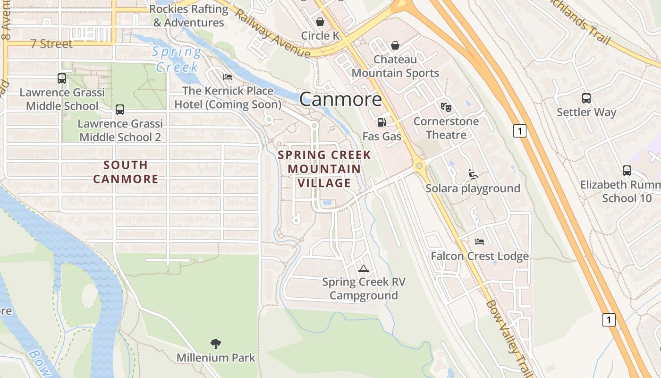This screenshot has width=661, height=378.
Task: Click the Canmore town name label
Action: (x=340, y=99)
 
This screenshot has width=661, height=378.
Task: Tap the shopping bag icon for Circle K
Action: (x=320, y=22)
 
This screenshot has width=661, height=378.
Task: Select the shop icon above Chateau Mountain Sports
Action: (x=395, y=45)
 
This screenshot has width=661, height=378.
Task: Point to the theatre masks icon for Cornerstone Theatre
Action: (x=446, y=107)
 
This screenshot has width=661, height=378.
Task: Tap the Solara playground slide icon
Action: (x=473, y=174)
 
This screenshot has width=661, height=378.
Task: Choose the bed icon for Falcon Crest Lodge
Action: (x=480, y=242)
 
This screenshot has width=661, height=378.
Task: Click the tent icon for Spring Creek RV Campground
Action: (x=363, y=268)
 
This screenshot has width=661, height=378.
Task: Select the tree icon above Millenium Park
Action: (x=216, y=344)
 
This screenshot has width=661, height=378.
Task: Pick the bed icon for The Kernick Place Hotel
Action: (x=228, y=77)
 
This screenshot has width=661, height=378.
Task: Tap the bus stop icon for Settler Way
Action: (x=586, y=98)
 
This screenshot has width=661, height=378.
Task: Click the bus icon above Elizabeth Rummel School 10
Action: (x=627, y=171)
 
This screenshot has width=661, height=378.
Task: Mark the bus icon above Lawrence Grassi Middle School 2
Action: (x=120, y=110)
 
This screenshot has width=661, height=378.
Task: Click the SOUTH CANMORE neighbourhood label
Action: (x=126, y=172)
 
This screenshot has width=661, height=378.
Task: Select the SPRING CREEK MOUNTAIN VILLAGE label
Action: (x=324, y=169)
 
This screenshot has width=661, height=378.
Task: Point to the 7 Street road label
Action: (x=51, y=44)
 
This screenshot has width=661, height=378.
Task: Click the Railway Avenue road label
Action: (x=272, y=34)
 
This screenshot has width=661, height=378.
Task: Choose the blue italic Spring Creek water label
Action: (x=177, y=59)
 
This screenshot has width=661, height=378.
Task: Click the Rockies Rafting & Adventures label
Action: (x=188, y=16)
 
